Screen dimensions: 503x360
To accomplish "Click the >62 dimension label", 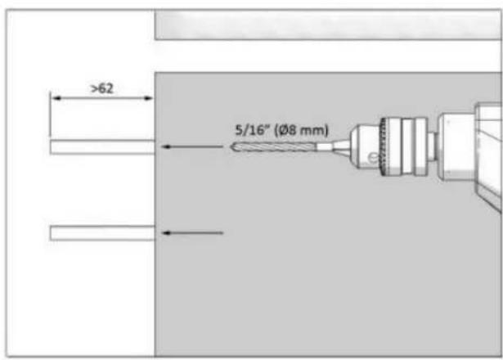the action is coord(102,88).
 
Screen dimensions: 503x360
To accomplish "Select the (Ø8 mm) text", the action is coord(302,131).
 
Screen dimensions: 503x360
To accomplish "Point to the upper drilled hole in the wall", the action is coord(102,147).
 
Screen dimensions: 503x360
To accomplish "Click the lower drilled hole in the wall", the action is coord(102,233).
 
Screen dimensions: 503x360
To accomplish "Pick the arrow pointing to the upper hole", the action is coord(192,147).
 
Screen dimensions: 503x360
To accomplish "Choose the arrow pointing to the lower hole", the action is coord(192,233).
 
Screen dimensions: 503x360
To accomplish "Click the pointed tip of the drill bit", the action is coord(231,147).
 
